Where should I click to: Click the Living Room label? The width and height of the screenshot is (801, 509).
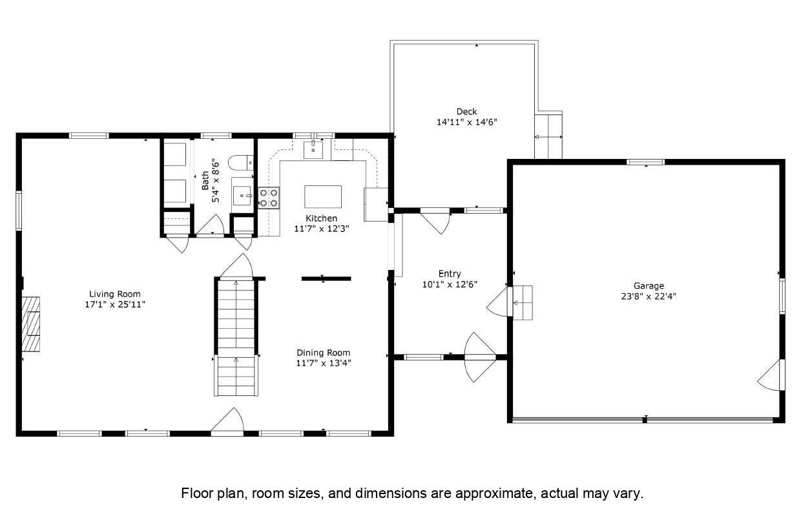[x=115, y=294]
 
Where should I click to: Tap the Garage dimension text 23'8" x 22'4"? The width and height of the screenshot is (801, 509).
[x=649, y=296]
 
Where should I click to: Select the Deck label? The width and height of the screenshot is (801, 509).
[x=466, y=112]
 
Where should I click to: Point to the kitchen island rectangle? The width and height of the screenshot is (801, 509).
[x=323, y=196]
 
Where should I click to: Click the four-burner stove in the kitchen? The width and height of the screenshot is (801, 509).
[x=269, y=198]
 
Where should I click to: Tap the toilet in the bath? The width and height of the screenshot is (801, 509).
[x=241, y=163]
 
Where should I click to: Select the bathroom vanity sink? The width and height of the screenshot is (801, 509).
[x=243, y=196]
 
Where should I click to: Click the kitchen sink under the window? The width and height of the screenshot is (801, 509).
[x=313, y=150]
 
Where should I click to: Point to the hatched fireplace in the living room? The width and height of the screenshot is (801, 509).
[x=31, y=324]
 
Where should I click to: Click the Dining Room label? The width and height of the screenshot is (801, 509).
[x=323, y=353]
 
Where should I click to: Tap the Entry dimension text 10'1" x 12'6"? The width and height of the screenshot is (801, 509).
[x=450, y=284]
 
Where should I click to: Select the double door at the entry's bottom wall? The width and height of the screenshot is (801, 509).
[x=480, y=357]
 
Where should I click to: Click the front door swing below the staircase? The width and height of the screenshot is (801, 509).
[x=228, y=421]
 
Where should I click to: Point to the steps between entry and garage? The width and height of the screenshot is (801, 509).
[x=523, y=302]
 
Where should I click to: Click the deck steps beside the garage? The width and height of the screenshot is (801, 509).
[x=548, y=137]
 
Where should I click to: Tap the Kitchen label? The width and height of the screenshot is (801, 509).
[x=321, y=218]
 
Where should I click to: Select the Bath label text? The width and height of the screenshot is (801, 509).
[x=205, y=181]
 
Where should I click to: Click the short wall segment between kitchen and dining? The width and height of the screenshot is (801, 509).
[x=326, y=278]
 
